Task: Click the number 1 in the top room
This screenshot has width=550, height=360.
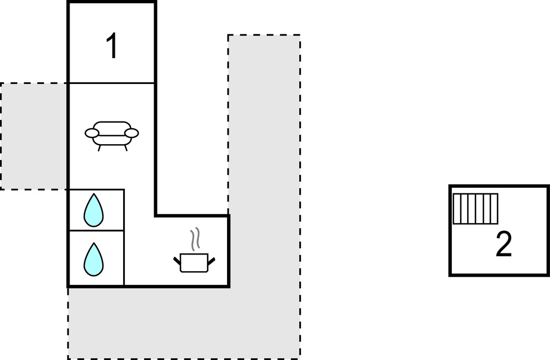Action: coord(112,47)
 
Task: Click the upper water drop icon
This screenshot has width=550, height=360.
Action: coord(93,210)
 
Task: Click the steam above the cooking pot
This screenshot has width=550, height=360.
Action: coord(195,239)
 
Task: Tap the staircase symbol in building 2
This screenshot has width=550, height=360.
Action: coord(475,209)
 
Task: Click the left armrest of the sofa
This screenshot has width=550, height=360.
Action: coord(92,133)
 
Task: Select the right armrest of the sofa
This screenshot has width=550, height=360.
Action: coord(131,133)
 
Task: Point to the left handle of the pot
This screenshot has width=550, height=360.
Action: coord(177,258)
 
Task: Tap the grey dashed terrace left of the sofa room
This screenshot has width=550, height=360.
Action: coord(34,136)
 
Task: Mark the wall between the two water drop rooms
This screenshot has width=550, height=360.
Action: coord(96,231)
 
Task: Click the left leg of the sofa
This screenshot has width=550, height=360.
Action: coord(99,147)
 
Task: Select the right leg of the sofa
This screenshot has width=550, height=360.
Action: coord(125,147)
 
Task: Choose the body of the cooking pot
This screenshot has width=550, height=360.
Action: coord(194,263)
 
